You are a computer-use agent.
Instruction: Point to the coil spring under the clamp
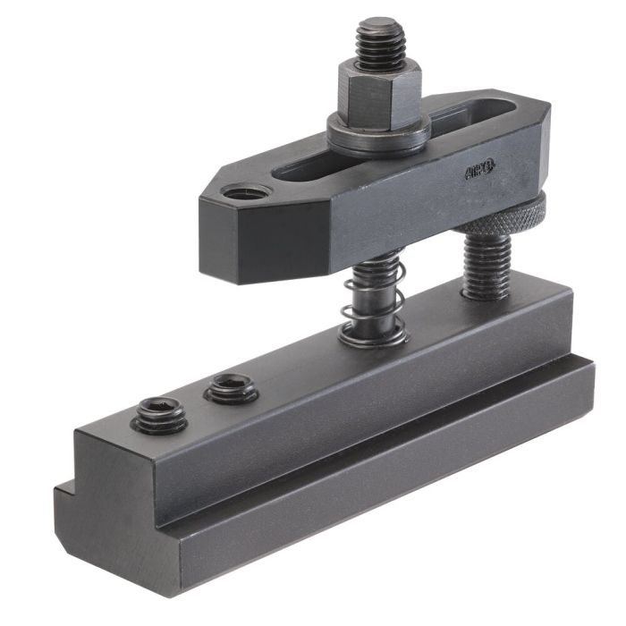click(x=371, y=300)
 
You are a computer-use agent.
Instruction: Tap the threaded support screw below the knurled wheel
click(x=488, y=264)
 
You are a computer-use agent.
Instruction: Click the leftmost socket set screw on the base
click(x=158, y=415)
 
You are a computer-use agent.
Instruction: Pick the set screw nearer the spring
click(x=231, y=388)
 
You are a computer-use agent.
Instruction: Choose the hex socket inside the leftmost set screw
click(x=158, y=412)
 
